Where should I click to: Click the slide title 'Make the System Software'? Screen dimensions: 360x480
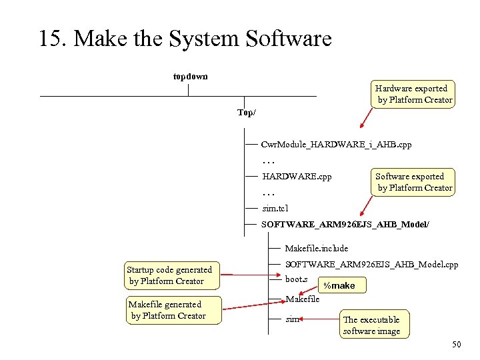[185, 39]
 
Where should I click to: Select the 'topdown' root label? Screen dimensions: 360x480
[190, 77]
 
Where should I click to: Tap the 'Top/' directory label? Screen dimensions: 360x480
[246, 113]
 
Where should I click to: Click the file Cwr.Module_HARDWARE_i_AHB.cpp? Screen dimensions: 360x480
[336, 144]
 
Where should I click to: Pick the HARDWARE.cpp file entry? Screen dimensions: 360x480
[297, 177]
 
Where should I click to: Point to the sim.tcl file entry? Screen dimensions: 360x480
[275, 209]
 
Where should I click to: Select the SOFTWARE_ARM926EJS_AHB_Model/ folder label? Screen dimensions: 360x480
[345, 225]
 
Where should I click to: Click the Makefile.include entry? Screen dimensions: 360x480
[317, 248]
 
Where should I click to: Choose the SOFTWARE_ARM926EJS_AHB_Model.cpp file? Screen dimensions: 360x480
[371, 265]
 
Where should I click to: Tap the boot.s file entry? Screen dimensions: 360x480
[296, 279]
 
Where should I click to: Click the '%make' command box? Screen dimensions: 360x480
[339, 285]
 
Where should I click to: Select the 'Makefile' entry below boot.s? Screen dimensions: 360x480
[302, 299]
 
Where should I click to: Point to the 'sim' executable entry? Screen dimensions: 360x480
[292, 319]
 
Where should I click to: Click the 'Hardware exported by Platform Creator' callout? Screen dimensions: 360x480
[413, 94]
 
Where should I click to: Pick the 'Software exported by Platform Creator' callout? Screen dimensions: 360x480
[413, 182]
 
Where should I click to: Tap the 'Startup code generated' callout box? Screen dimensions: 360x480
[169, 275]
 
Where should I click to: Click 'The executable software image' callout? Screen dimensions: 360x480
[371, 325]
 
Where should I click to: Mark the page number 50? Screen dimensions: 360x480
[456, 344]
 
